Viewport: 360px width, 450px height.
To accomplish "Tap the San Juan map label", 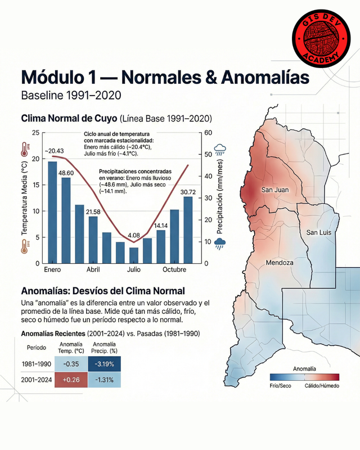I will pyautogui.click(x=275, y=190).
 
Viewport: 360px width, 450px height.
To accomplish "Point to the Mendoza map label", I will pyautogui.click(x=280, y=263).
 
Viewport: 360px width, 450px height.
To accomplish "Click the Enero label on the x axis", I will pyautogui.click(x=52, y=270).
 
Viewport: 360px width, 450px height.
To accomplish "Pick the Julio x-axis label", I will pyautogui.click(x=134, y=270).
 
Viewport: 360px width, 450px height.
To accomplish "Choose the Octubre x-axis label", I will pyautogui.click(x=175, y=270).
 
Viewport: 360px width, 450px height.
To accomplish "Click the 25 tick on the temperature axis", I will pyautogui.click(x=36, y=133).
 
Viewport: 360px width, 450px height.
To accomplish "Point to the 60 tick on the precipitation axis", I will pyautogui.click(x=208, y=133).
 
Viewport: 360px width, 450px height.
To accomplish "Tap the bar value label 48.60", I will pyautogui.click(x=67, y=172).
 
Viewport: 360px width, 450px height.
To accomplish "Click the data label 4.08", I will pyautogui.click(x=134, y=235).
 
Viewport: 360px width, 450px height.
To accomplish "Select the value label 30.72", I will pyautogui.click(x=188, y=192).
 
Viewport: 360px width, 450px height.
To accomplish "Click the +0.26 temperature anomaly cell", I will pyautogui.click(x=69, y=380).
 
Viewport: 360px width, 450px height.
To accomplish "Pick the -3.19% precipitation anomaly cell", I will pyautogui.click(x=104, y=364).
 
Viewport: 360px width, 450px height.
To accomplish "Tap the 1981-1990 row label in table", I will pyautogui.click(x=36, y=364).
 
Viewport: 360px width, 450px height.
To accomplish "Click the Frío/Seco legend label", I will pyautogui.click(x=281, y=386).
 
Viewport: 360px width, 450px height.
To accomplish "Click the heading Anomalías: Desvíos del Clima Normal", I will pyautogui.click(x=102, y=291).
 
